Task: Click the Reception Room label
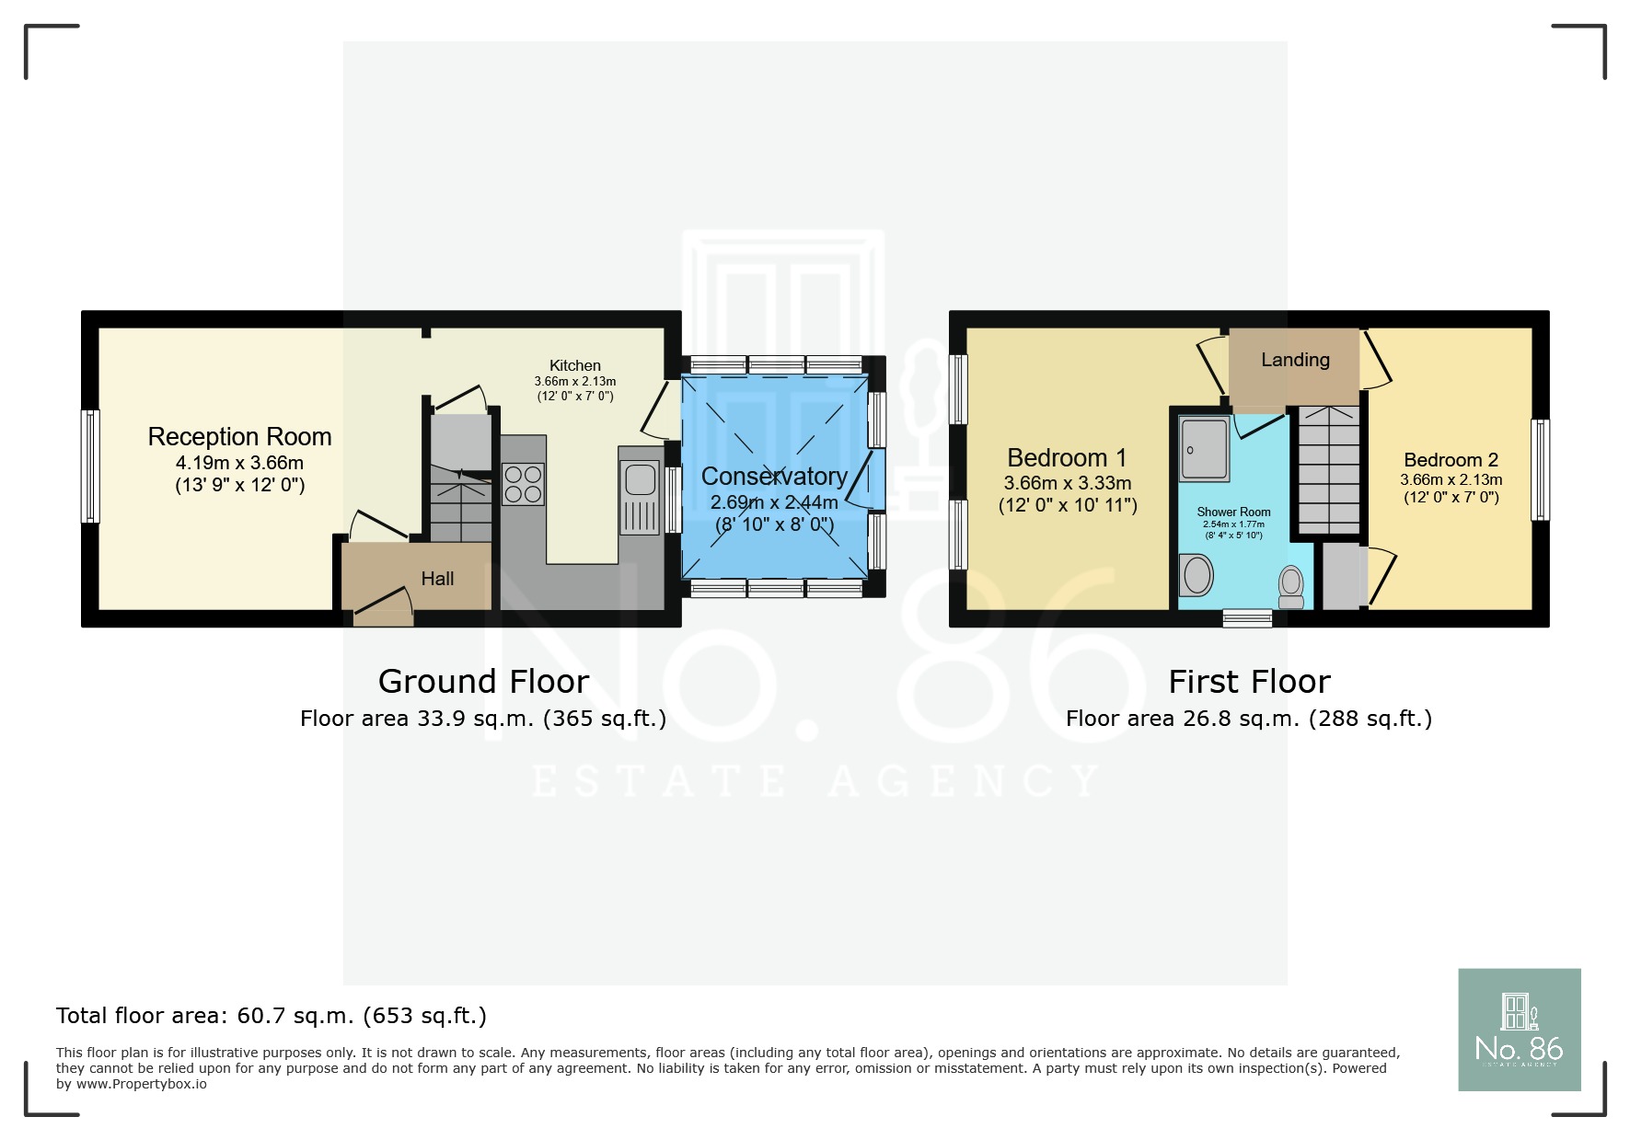point(239,436)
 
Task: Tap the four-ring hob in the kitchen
point(523,485)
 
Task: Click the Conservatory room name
point(774,477)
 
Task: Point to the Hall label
point(437,579)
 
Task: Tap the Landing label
point(1295,360)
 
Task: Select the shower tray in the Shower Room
point(1204,449)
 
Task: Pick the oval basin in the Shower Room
point(1197,576)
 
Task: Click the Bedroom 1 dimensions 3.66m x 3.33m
point(1068,483)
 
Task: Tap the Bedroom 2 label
point(1451,460)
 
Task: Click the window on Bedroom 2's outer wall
point(1540,469)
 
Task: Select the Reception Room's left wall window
point(90,466)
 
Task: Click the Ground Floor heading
point(483,682)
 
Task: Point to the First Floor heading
point(1249,682)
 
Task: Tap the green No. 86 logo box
point(1519,1030)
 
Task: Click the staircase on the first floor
point(1327,469)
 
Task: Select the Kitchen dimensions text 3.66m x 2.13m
point(575,381)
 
